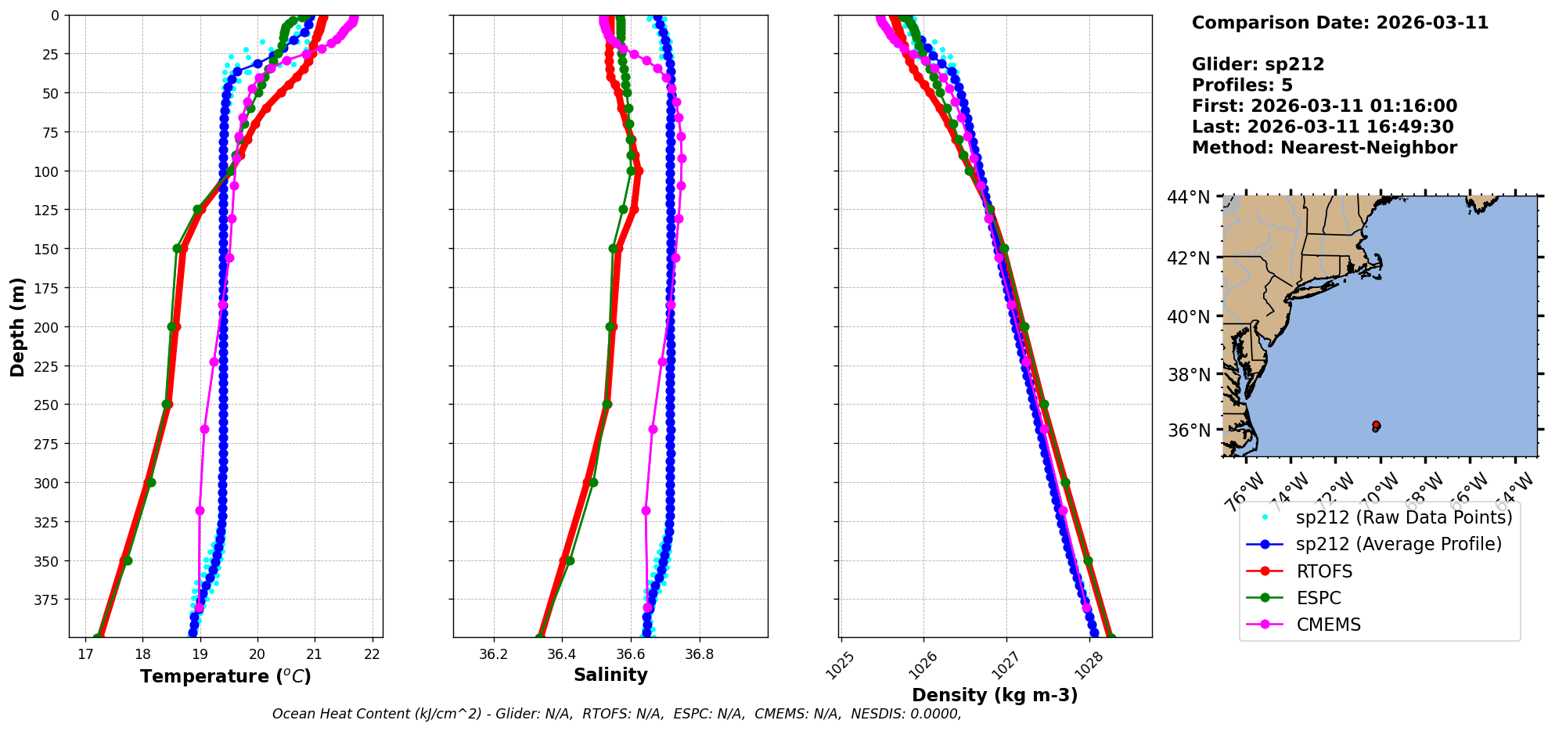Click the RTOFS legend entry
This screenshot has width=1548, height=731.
[x=1324, y=571]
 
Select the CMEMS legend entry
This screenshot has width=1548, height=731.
[x=1328, y=625]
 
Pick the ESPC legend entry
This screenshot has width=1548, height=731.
[x=1318, y=598]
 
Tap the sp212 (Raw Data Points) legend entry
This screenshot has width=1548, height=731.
[x=1403, y=517]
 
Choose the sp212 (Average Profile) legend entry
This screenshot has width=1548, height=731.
[x=1399, y=544]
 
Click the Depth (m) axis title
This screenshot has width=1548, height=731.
[x=17, y=326]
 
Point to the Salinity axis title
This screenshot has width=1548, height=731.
[x=610, y=675]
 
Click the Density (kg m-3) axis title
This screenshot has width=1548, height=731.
[x=995, y=695]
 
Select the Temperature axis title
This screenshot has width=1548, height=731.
[x=225, y=676]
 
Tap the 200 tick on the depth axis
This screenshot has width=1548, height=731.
[x=47, y=327]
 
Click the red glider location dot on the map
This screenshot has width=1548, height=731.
[x=1376, y=425]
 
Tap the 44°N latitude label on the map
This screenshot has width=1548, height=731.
[x=1188, y=197]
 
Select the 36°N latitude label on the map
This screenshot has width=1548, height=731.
[x=1188, y=430]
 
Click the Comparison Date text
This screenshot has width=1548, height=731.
[x=1340, y=23]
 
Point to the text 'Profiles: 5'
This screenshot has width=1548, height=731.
[x=1242, y=85]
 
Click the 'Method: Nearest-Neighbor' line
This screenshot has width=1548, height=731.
[x=1324, y=148]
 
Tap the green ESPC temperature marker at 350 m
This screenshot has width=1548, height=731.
[x=128, y=560]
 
